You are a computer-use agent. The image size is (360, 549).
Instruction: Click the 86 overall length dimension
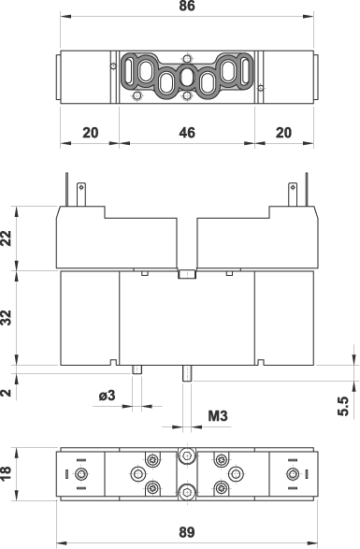click(187, 6)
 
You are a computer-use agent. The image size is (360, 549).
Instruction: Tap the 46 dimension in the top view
click(187, 133)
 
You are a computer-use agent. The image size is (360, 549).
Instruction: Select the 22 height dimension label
click(7, 238)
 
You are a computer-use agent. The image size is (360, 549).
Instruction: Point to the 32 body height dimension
click(7, 318)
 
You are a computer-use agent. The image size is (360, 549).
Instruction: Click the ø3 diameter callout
click(107, 396)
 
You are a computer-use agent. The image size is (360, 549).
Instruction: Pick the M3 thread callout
click(218, 416)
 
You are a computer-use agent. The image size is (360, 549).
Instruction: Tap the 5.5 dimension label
click(343, 406)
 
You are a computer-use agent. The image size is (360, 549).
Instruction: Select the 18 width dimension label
click(7, 473)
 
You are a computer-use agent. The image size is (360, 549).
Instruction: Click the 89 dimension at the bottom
click(187, 532)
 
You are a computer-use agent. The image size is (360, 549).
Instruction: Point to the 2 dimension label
click(7, 393)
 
